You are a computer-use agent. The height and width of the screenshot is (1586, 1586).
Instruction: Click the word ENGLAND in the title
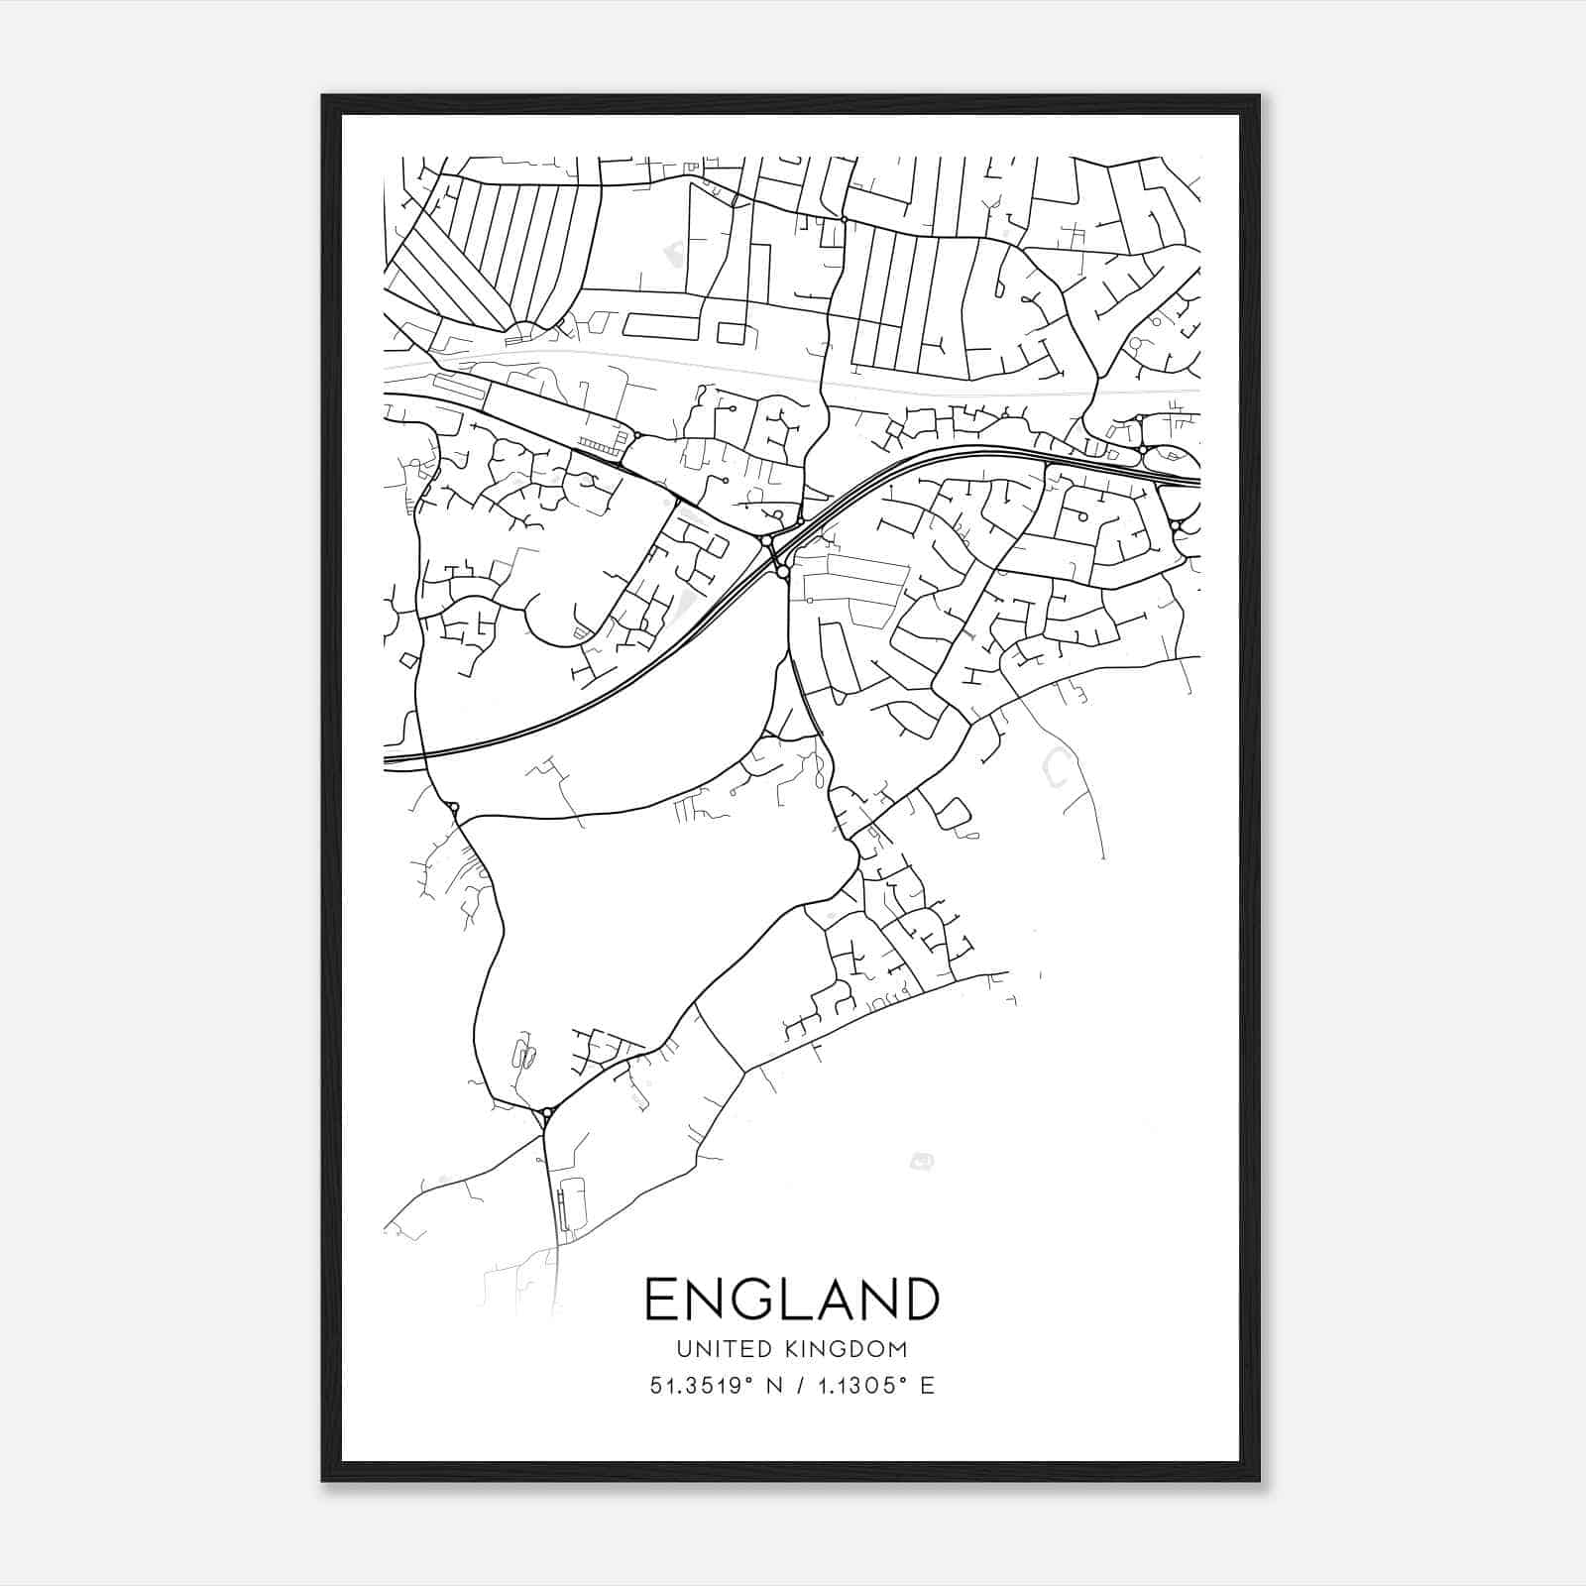click(791, 1299)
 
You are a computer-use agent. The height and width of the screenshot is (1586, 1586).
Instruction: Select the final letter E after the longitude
click(927, 1386)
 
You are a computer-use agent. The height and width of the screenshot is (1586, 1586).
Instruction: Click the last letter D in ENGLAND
click(921, 1299)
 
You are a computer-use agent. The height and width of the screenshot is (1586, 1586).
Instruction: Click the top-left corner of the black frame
click(323, 97)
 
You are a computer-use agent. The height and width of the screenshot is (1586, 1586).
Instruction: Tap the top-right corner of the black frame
click(1258, 97)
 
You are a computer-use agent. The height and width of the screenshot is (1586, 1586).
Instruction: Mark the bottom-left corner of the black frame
click(323, 1480)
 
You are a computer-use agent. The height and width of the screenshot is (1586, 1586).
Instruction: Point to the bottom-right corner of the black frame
click(1258, 1480)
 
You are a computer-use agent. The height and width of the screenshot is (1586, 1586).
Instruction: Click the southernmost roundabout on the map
click(546, 1113)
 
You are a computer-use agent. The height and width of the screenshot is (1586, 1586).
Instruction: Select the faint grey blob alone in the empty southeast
click(922, 1161)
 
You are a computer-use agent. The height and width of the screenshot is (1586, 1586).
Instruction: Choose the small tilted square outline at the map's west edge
click(407, 659)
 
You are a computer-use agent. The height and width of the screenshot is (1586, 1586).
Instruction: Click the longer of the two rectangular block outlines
click(658, 324)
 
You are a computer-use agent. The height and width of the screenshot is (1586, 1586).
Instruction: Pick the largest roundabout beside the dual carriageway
click(783, 572)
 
